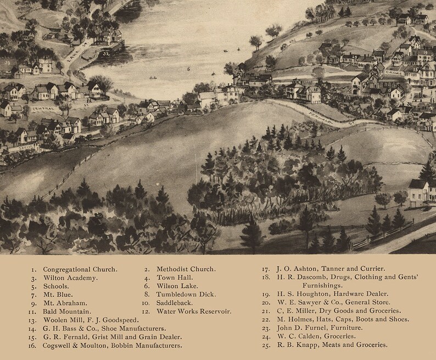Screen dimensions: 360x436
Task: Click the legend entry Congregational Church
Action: pos(80,269)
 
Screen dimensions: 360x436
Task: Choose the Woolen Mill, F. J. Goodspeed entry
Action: pos(91,320)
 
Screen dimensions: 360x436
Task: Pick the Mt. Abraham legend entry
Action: pos(65,303)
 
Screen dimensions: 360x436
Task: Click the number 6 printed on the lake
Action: pos(188,69)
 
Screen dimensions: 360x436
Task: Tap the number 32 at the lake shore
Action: pos(106,54)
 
